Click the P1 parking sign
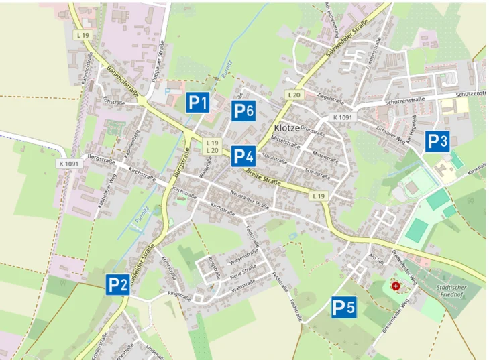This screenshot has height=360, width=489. coord(197,103)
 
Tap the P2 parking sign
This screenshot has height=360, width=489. coord(117,284)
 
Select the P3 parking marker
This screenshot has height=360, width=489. coord(437,141)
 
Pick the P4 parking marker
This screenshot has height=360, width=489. coord(242,157)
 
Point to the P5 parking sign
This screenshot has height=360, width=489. coord(343,308)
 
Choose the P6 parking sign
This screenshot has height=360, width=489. coord(242,111)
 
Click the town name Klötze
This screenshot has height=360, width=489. coord(287,128)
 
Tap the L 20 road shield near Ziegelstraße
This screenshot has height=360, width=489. coord(294,95)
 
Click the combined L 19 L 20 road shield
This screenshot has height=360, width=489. coord(212,147)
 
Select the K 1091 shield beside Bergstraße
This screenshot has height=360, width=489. coord(68,163)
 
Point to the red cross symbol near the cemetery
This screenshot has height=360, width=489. coord(396,286)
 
